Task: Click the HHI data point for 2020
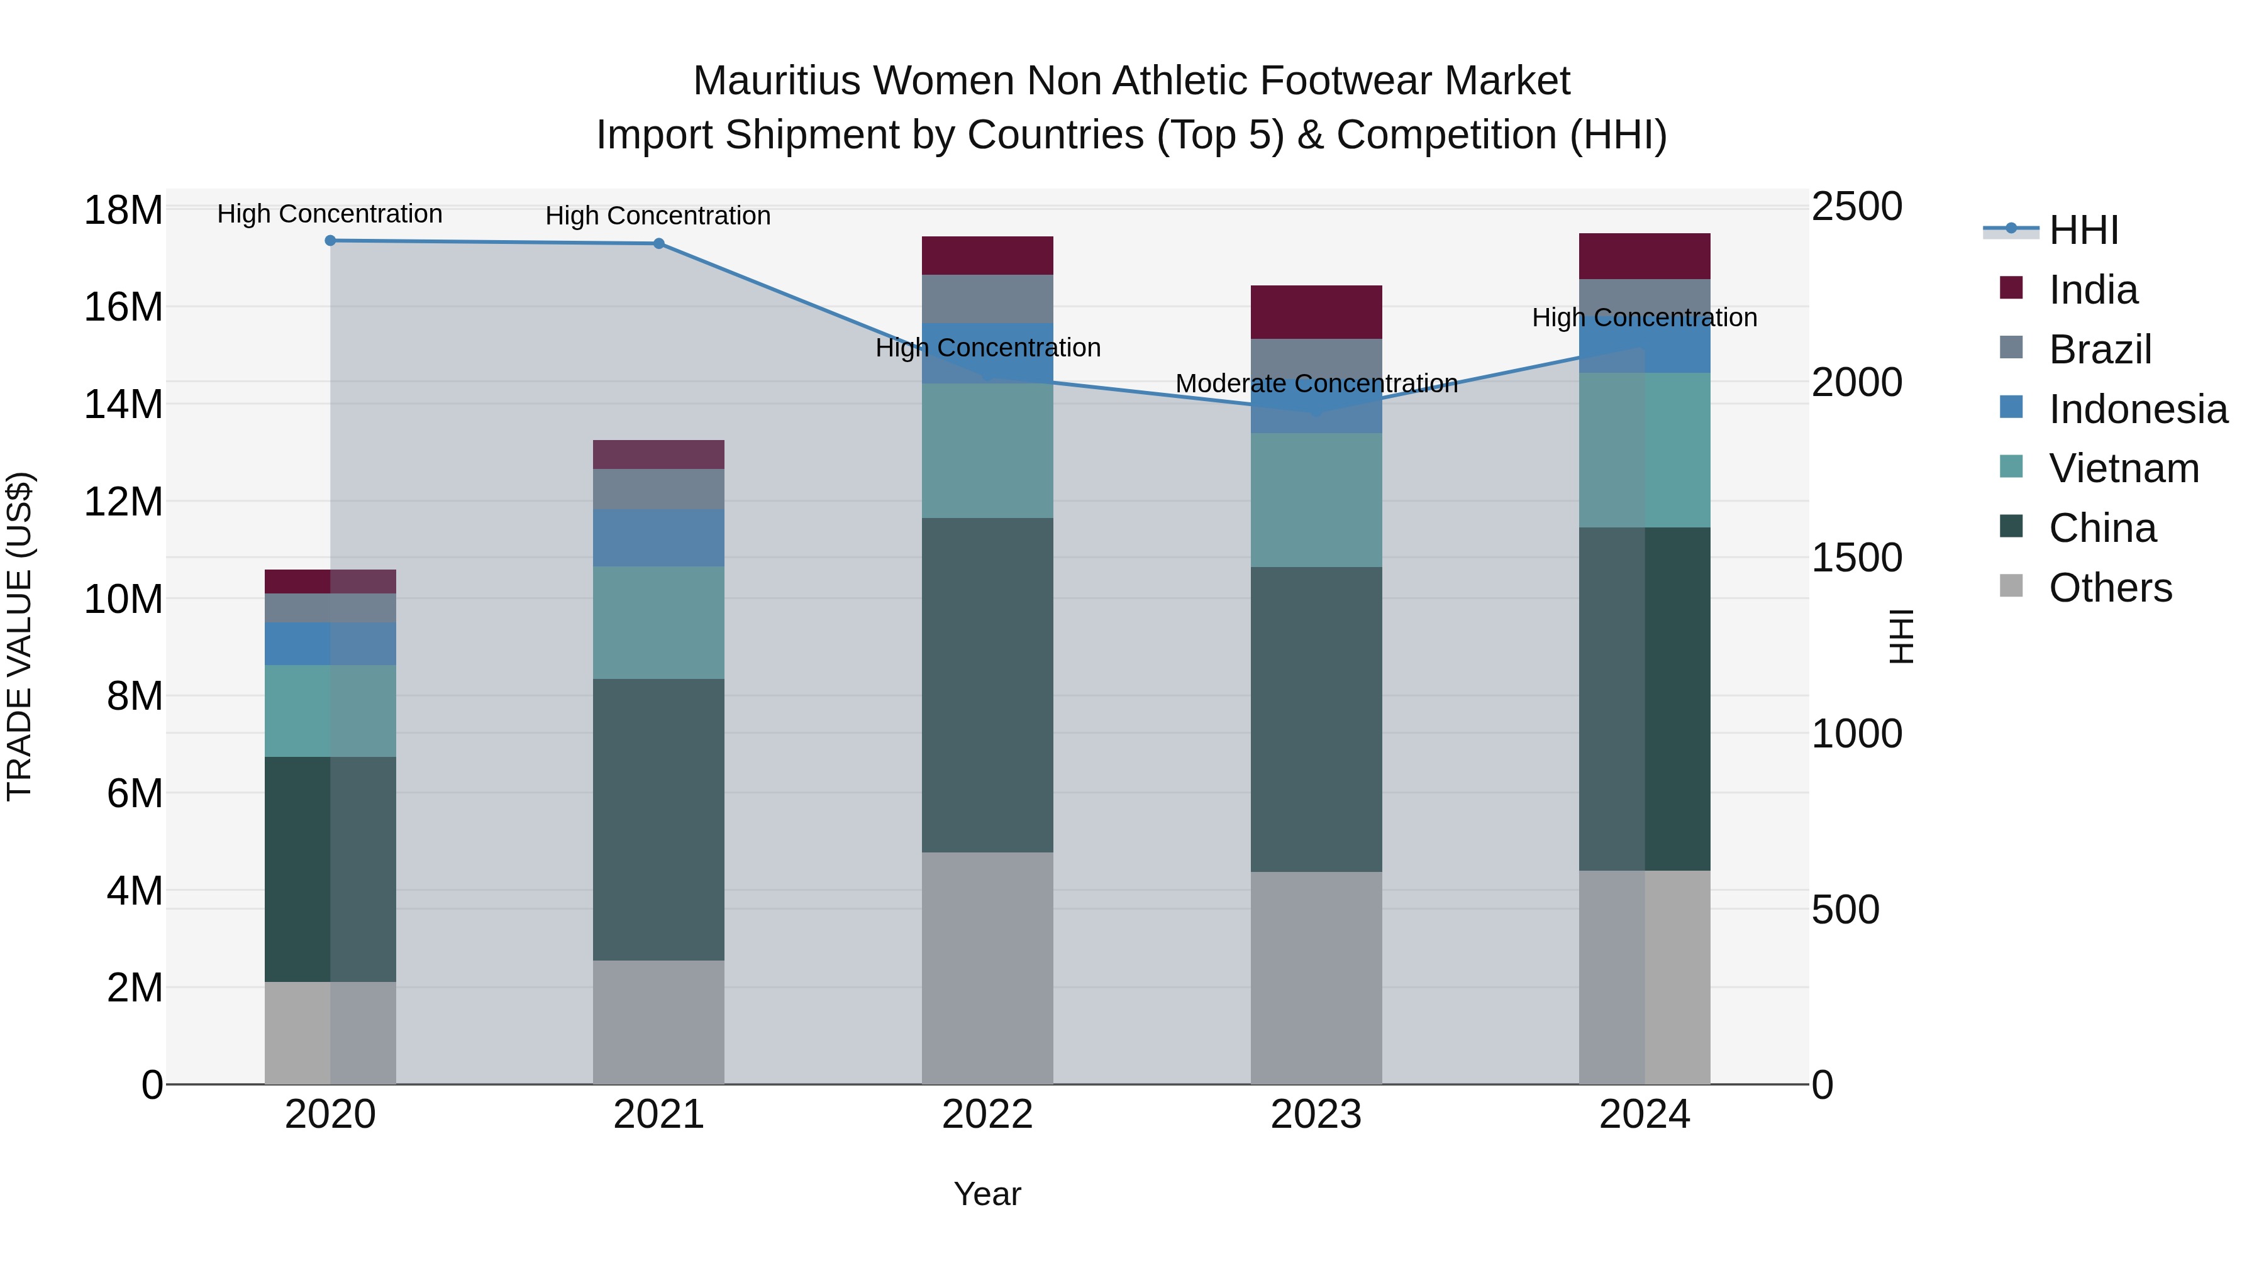click(x=330, y=241)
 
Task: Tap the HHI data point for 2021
click(x=659, y=243)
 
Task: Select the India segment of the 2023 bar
click(x=1316, y=312)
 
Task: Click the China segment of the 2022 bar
click(x=987, y=685)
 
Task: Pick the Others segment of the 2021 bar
click(x=658, y=1022)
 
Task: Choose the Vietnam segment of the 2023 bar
click(x=1316, y=500)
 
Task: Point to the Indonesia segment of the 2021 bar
click(x=658, y=537)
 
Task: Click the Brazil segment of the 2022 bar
click(x=987, y=299)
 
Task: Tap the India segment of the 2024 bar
click(x=1645, y=256)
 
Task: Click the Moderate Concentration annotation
click(x=1316, y=384)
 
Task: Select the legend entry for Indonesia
click(x=2138, y=409)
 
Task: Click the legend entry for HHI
click(x=2083, y=230)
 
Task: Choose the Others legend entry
click(x=2109, y=588)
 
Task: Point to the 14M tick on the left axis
click(x=123, y=405)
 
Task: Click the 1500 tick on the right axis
click(x=1856, y=558)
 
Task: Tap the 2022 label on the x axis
click(x=987, y=1115)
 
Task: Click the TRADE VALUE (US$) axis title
click(x=19, y=636)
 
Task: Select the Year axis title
click(x=987, y=1194)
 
